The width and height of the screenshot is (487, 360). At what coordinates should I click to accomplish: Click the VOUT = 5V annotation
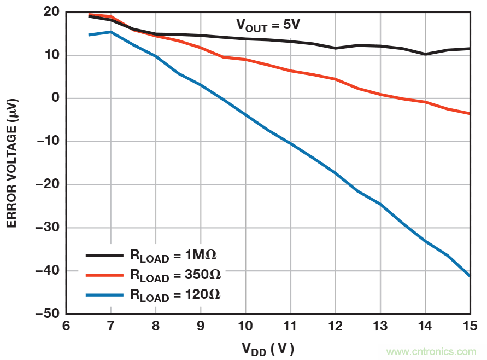click(268, 25)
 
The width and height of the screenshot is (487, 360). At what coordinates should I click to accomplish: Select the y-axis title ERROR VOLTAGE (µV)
click(12, 163)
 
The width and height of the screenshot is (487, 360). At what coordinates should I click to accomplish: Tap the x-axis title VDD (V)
click(268, 348)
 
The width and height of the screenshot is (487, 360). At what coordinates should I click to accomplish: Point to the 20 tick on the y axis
click(51, 12)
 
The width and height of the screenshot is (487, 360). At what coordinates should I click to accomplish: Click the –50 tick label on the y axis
click(47, 314)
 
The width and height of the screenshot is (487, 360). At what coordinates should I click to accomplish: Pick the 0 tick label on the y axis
click(54, 98)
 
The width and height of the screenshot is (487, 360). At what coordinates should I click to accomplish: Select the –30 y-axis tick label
click(47, 228)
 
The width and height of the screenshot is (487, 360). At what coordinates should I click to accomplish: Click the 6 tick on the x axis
click(66, 326)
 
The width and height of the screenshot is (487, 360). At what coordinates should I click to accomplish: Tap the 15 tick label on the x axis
click(470, 326)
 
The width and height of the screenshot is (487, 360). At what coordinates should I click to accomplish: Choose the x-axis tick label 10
click(245, 326)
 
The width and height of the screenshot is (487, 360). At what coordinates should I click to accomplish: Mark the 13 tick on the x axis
click(380, 326)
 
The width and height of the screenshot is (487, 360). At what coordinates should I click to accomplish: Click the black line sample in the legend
click(104, 255)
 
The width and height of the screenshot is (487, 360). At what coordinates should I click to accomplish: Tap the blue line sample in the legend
click(104, 294)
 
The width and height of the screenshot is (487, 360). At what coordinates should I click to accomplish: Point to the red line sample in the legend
click(104, 275)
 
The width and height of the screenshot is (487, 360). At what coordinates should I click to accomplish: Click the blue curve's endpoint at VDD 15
click(470, 276)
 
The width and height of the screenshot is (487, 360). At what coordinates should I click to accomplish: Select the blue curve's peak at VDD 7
click(111, 32)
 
